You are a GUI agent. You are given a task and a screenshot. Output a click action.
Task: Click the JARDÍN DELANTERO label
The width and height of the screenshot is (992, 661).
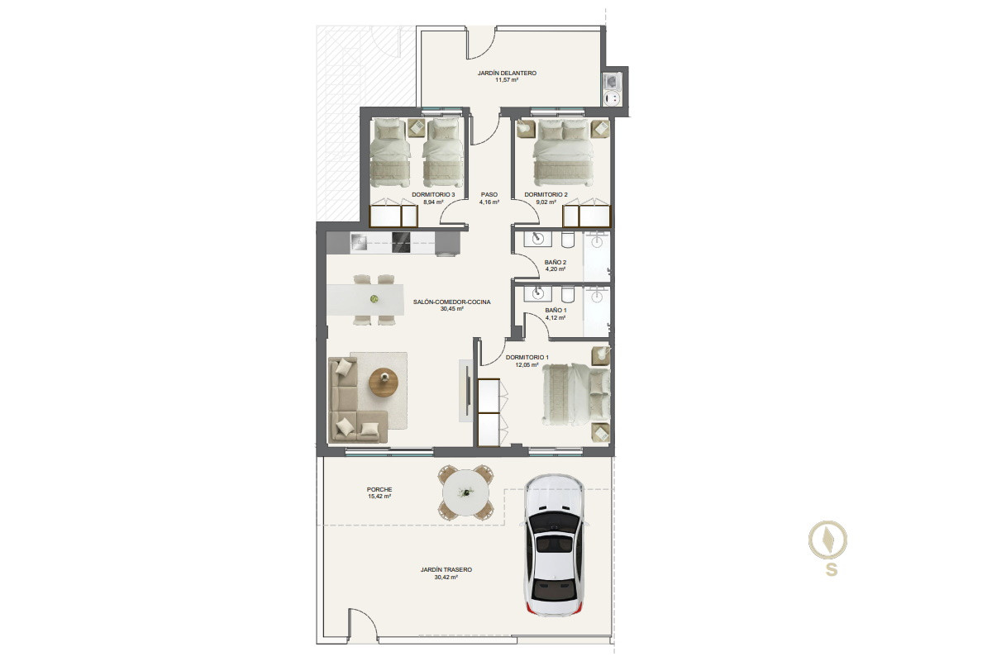click(507, 73)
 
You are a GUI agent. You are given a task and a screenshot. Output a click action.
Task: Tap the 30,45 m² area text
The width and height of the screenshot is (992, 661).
click(451, 309)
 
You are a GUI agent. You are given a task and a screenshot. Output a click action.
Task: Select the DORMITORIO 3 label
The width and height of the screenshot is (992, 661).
click(433, 194)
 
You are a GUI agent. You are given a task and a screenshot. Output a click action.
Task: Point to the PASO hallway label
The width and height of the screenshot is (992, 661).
click(489, 194)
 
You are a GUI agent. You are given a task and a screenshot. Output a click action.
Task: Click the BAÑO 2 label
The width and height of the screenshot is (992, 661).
click(556, 262)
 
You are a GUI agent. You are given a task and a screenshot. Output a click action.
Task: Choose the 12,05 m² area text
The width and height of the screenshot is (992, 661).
click(527, 365)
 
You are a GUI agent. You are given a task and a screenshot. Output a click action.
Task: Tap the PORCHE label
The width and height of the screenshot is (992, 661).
click(379, 489)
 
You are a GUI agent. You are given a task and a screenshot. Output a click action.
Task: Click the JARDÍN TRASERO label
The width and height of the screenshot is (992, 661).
click(446, 569)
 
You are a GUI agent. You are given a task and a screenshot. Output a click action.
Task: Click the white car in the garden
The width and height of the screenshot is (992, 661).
click(554, 545)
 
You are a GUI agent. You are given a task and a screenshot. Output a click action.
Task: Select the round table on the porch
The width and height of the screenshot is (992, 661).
click(465, 492)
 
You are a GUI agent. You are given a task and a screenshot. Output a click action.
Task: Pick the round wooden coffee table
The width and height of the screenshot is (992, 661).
click(384, 382)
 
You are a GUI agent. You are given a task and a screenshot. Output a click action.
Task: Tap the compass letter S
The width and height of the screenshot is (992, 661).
click(832, 569)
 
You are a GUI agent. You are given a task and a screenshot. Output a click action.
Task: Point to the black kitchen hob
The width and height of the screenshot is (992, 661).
click(401, 243)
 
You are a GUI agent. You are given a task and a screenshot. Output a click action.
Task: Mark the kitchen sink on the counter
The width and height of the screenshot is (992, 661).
click(359, 242)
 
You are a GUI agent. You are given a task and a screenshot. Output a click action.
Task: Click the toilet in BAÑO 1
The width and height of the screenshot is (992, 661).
click(568, 294)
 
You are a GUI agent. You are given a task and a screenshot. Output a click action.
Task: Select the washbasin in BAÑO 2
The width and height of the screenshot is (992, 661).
click(537, 239)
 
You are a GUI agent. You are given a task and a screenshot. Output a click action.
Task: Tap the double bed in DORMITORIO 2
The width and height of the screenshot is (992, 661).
click(563, 153)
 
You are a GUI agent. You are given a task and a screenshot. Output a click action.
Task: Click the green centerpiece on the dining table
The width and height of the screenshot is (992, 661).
click(374, 299)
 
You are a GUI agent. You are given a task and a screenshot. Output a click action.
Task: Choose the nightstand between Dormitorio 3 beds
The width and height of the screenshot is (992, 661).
click(417, 127)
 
